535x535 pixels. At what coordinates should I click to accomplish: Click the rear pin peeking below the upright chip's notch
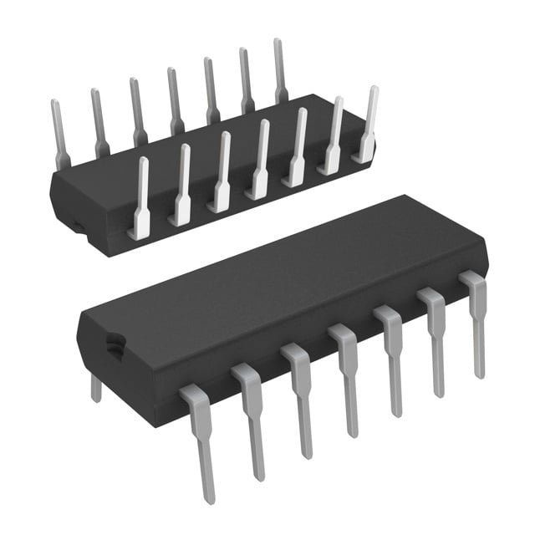[x=96, y=388]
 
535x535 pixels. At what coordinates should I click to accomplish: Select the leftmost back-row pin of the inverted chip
[x=59, y=134]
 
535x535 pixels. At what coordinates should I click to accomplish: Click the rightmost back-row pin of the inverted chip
[x=280, y=71]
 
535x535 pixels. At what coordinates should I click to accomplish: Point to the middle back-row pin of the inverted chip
[x=174, y=100]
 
